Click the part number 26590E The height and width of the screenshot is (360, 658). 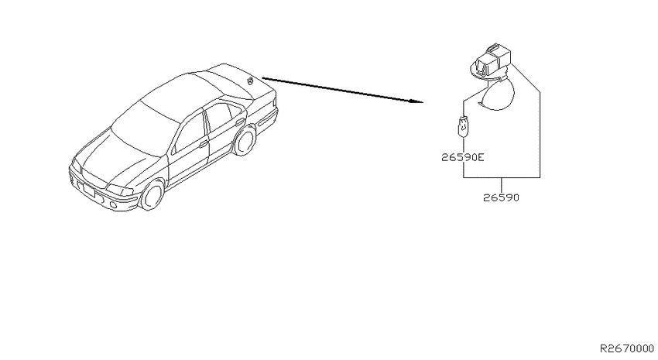(x=462, y=157)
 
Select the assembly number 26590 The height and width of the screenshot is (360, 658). (x=501, y=197)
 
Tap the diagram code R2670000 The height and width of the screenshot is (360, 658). (x=626, y=348)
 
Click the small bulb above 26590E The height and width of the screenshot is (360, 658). (x=463, y=126)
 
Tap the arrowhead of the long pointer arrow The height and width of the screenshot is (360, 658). (x=416, y=101)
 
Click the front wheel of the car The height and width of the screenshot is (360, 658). (x=152, y=195)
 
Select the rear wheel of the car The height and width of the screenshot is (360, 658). (x=244, y=142)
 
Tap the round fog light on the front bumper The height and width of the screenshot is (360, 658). (x=114, y=205)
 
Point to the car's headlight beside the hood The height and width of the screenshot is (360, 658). (x=118, y=189)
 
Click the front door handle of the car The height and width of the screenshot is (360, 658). (x=204, y=144)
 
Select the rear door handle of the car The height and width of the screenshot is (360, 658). (x=240, y=122)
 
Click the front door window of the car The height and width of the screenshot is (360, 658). (x=189, y=132)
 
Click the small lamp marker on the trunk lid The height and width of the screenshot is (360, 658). (x=251, y=81)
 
